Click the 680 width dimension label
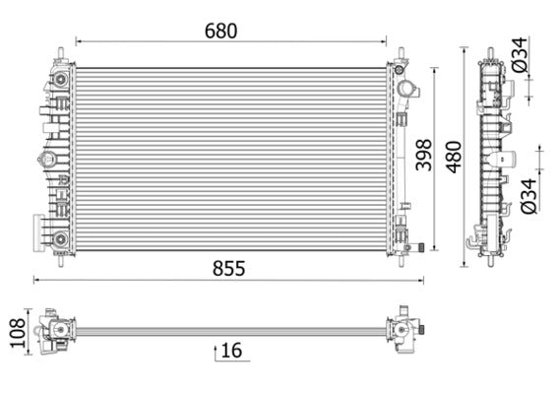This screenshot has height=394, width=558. [x=221, y=30]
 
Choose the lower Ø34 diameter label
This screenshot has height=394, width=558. [x=527, y=193]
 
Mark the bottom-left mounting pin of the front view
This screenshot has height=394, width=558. [x=61, y=260]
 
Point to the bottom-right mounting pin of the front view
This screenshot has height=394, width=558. [x=403, y=260]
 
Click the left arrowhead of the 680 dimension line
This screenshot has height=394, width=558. [x=79, y=42]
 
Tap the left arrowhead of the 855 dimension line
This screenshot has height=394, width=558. [x=36, y=281]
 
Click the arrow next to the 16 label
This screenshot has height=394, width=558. [x=217, y=351]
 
